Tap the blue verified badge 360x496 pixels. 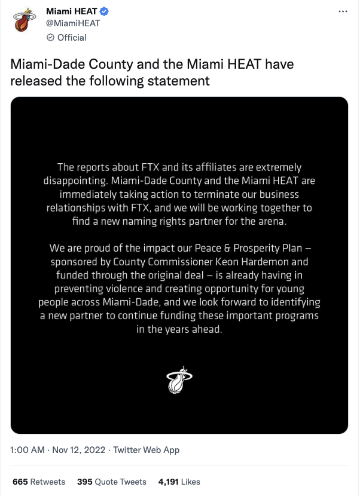point(104,11)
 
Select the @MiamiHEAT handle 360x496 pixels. point(73,24)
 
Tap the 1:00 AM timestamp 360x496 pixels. point(28,450)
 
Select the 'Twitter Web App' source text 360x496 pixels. point(147,450)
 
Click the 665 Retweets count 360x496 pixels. point(39,482)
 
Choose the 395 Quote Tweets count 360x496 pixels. point(112,482)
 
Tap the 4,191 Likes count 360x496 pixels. point(179,482)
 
